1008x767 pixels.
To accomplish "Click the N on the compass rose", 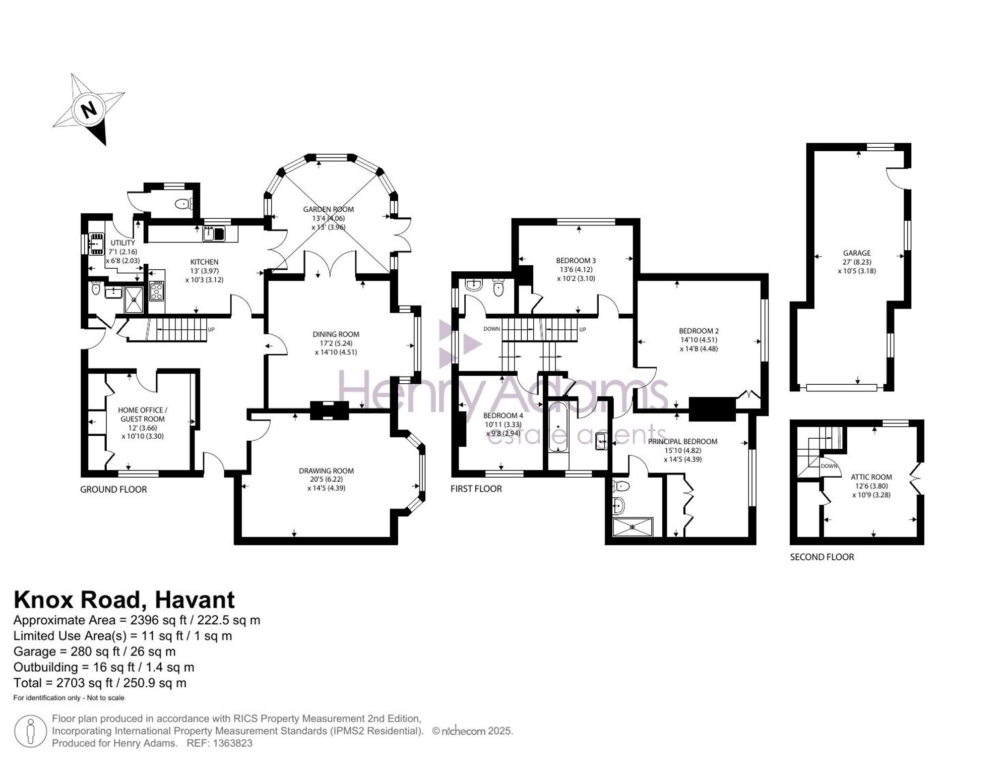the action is coord(89,109).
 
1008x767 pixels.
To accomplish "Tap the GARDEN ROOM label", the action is coord(328,209).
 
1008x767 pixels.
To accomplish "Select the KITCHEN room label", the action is coord(204,262).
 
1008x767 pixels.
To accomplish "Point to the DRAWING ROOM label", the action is coord(326,471).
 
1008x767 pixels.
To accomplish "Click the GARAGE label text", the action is coord(857,253).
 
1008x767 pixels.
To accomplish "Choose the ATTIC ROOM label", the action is coord(871,477).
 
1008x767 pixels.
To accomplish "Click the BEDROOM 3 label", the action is coord(576,261).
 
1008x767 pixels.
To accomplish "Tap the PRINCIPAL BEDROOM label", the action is coord(682,442).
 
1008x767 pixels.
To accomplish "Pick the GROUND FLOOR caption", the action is coord(113,490).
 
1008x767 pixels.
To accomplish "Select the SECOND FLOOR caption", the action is coord(822,557).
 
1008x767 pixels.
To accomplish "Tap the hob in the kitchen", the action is coord(156,290).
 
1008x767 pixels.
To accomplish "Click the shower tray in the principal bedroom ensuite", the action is coord(633,527).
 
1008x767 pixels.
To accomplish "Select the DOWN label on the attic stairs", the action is coord(829,466).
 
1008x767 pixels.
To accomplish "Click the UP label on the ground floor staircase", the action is coord(211,330).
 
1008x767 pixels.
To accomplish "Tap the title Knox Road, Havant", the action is coord(124,600).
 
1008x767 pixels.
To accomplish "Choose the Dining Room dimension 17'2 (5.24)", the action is coord(336,343).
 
